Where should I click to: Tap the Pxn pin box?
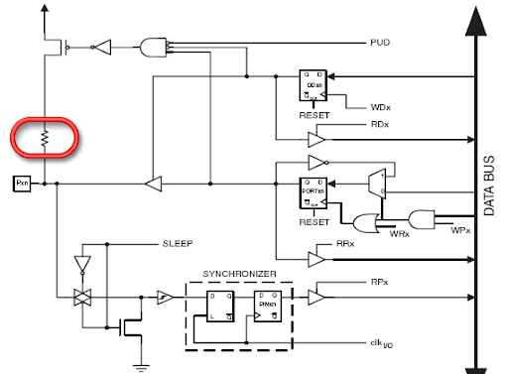(x=21, y=184)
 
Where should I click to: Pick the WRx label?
(x=399, y=234)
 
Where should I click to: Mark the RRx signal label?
(x=344, y=243)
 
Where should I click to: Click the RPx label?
(x=379, y=282)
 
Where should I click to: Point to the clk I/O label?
(x=379, y=342)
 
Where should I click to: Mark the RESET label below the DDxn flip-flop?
(x=313, y=114)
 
